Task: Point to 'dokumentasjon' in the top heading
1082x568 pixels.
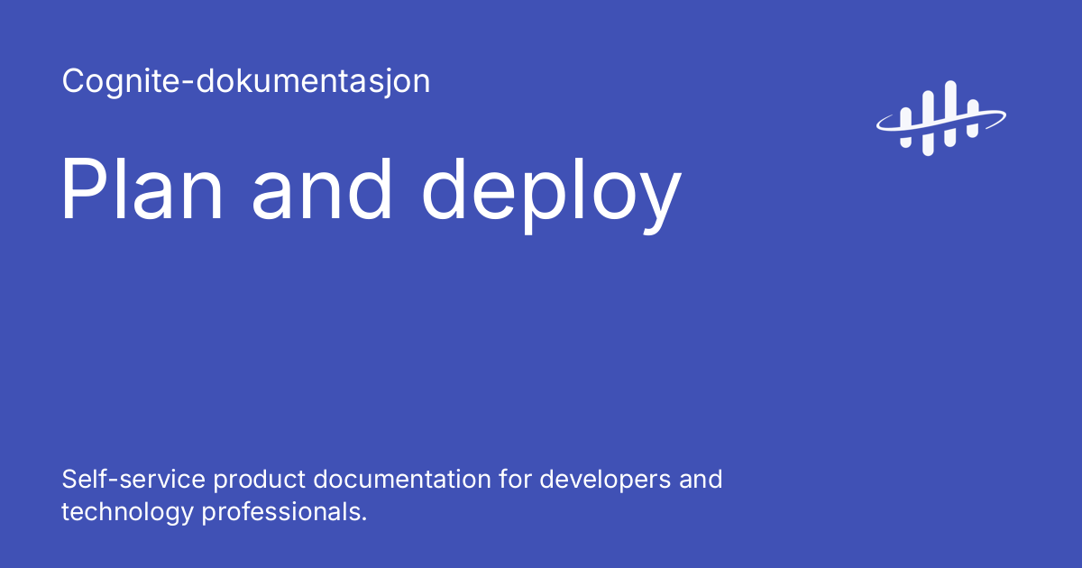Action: pos(307,82)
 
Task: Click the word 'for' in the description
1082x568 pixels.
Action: pos(515,479)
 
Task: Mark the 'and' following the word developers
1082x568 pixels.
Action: pos(701,479)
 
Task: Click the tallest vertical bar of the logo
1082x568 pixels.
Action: pos(949,114)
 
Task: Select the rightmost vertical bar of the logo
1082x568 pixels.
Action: pos(972,119)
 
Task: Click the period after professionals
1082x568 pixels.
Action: pos(364,519)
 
